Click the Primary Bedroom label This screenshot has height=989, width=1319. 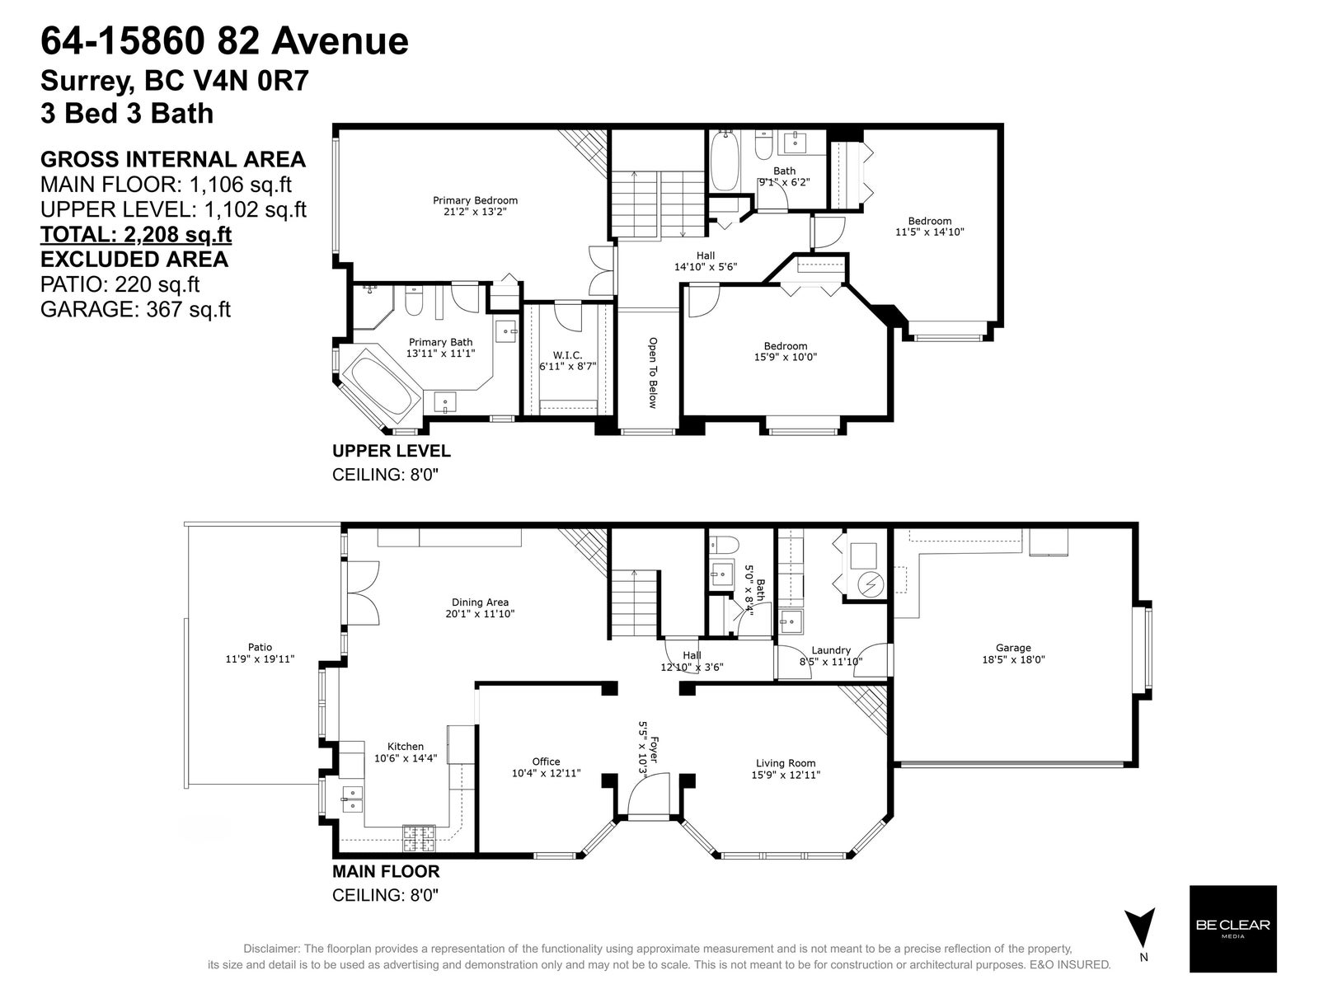(x=475, y=200)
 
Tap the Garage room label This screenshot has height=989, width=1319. (x=1013, y=648)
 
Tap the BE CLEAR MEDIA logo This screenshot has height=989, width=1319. (x=1233, y=928)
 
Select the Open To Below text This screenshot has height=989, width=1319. (x=653, y=373)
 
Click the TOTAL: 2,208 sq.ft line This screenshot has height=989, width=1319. (x=136, y=234)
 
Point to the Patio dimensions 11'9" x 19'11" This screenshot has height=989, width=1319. (x=260, y=659)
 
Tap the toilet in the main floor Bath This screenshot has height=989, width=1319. (x=724, y=546)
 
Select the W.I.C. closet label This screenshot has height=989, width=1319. (x=567, y=355)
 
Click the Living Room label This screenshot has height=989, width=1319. (x=786, y=763)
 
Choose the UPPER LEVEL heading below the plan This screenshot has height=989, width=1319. (x=392, y=451)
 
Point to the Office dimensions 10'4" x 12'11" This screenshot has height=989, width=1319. (x=546, y=773)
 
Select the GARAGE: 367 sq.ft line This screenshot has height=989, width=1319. (x=136, y=309)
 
